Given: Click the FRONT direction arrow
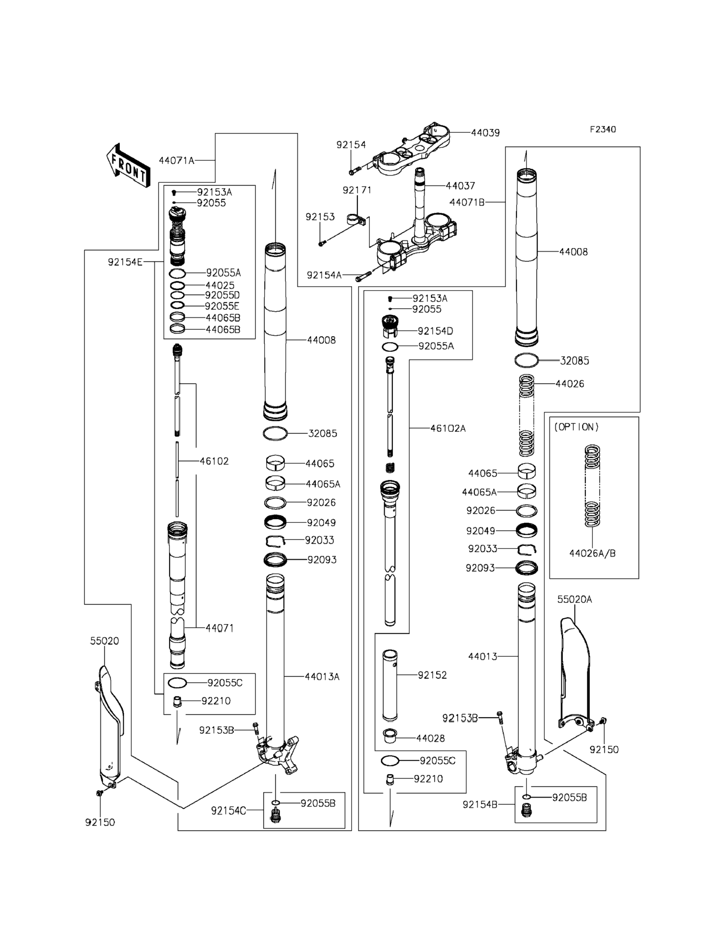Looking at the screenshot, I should pos(128,166).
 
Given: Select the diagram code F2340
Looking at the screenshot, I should pos(602,129).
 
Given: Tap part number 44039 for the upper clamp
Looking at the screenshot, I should pos(485,133).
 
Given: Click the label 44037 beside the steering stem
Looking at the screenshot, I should pos(461,186).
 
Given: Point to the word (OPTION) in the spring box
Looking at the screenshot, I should pos(576,427).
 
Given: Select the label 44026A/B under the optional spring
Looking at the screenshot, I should pos(592,553).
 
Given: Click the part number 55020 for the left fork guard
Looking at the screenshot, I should pos(104,641).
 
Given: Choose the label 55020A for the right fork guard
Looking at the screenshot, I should pos(574,599).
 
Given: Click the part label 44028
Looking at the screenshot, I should pos(430,738).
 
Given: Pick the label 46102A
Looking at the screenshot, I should pos(448,428).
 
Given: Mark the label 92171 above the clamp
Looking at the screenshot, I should pos(357,190).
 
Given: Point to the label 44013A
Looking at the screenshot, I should pos(322,676).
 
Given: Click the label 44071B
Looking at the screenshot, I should pos(467,202).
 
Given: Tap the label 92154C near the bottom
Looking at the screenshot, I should pos(228,810).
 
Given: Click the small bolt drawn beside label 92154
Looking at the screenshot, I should pos(352,172).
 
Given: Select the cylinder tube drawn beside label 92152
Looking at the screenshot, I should pos(390,685).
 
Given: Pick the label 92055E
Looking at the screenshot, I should pos(222,306).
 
